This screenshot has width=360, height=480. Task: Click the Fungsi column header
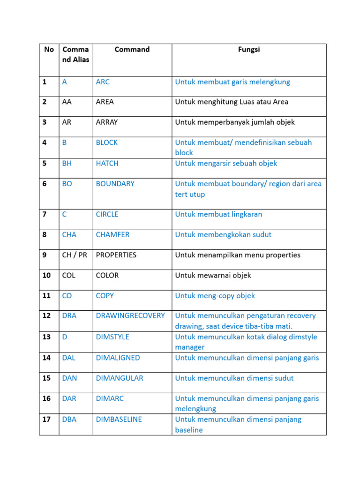[248, 50]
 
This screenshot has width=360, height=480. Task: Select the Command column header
[132, 50]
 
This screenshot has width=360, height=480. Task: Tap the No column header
[49, 50]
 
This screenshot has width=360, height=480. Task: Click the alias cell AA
[67, 102]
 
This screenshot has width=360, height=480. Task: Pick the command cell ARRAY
[107, 122]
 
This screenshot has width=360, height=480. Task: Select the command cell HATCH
[107, 163]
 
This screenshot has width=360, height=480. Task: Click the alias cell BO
[67, 184]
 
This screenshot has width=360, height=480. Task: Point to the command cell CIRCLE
[107, 214]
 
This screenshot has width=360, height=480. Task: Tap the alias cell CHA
[69, 234]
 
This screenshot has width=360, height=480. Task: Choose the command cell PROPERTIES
[116, 255]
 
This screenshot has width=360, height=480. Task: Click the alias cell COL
[69, 275]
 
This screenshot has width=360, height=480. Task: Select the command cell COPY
[105, 296]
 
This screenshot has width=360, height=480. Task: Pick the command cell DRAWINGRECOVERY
[130, 315]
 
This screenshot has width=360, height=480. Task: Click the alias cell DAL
[68, 358]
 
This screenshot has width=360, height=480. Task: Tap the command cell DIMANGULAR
[120, 378]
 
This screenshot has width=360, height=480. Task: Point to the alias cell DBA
[69, 419]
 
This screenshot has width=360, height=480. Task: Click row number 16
[46, 398]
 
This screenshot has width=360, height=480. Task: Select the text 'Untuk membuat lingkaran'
[218, 214]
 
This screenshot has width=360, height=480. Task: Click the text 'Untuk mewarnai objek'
[213, 275]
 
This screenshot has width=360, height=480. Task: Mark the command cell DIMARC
[110, 398]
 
